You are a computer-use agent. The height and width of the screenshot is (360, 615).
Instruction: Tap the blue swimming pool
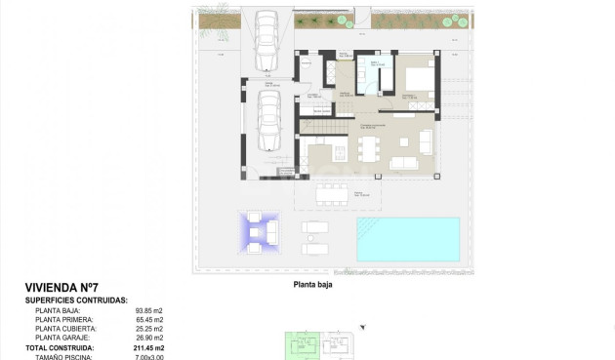407,239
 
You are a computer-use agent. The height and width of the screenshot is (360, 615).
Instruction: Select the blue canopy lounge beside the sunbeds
260,233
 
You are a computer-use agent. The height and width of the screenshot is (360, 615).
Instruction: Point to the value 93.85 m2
149,311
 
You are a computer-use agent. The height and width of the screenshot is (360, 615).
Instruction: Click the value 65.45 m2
149,320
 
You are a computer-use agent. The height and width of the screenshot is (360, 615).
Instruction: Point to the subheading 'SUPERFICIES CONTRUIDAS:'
83,300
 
